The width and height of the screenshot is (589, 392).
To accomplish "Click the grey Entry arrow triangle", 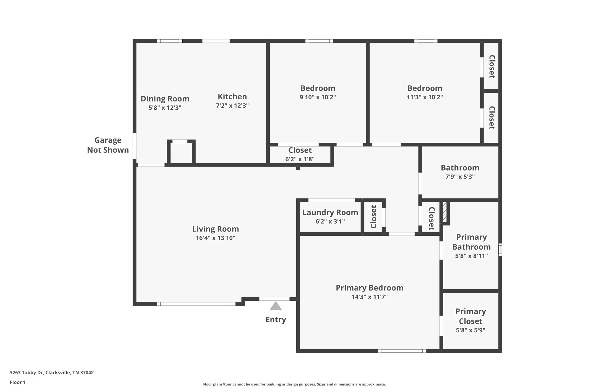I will pos(276,306).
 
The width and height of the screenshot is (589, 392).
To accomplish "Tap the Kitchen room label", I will pos(232,96).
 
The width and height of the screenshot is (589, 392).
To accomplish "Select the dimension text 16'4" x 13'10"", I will pos(215,238).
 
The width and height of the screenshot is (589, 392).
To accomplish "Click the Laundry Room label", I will pos(330,213).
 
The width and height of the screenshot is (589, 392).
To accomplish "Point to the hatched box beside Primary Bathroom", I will pos(445,212).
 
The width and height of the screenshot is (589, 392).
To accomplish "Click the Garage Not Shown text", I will pos(108,145).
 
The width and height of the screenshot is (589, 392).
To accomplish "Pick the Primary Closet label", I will pos(471,316).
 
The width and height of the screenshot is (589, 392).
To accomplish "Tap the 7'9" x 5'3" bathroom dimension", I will pos(460,177).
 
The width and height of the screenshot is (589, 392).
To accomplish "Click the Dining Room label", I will pos(165,99).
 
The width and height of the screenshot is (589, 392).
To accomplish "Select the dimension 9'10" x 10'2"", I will pos(318,97).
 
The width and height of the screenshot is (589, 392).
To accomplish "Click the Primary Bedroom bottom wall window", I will pos(401,351).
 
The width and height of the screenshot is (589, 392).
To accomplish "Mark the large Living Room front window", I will pos(196,304).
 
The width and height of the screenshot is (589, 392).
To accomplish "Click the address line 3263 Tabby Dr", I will pos(52,372).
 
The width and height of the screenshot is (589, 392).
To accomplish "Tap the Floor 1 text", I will pos(18,382).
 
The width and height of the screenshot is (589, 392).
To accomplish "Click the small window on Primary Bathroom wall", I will pos(500,250).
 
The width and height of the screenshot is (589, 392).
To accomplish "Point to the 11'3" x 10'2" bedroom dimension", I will pos(424,97).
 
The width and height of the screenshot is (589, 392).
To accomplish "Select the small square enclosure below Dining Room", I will pos(181,153).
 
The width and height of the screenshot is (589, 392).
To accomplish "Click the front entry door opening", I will pos(274,299).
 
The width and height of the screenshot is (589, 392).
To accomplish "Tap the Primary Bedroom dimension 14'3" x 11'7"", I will pos(370,297).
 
